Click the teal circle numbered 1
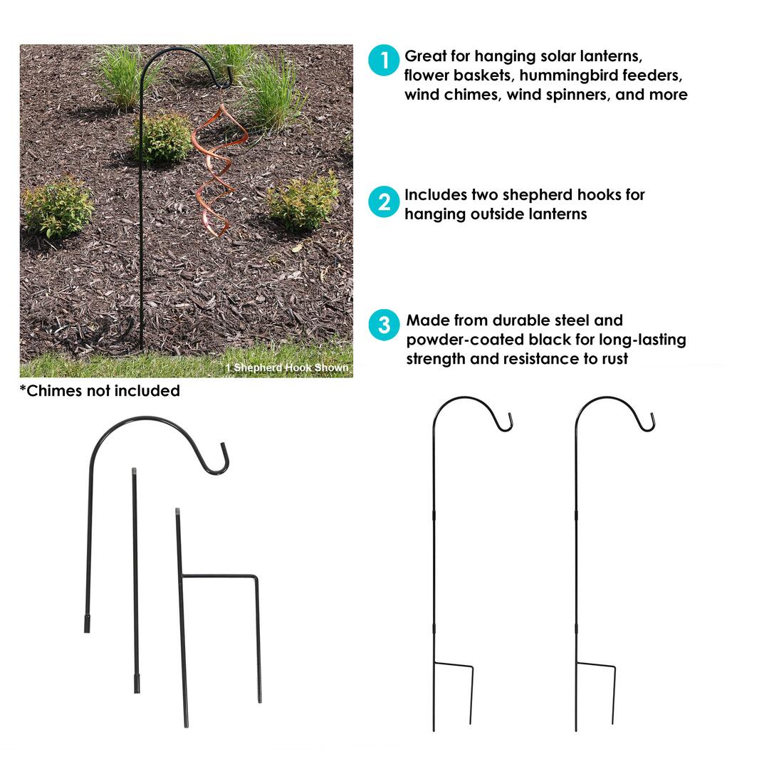[384, 61]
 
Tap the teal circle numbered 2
[384, 202]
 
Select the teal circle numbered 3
[384, 325]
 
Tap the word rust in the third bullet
[615, 359]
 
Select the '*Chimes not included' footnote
[100, 391]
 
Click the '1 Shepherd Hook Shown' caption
[287, 367]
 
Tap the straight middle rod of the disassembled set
[135, 581]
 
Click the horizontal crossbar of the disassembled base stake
[219, 576]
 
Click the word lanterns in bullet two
[558, 214]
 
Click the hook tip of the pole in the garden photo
[227, 83]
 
